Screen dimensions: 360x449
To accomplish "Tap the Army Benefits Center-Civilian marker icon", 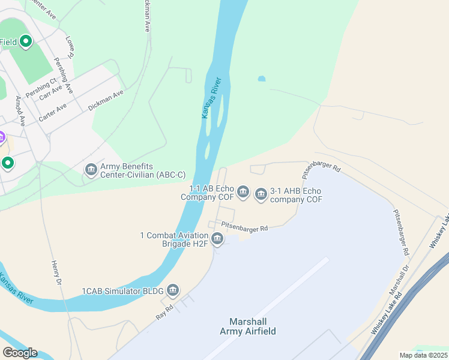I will [91, 170].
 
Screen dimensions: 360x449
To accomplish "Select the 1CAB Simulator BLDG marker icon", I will [173, 292].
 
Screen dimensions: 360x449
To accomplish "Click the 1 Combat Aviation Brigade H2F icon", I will [217, 240].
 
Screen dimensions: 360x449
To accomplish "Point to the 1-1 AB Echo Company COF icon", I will [243, 192].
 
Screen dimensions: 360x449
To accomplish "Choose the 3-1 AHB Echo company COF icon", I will [261, 194].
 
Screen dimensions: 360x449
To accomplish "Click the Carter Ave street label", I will [52, 113].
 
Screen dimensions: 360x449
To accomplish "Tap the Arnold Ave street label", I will [20, 109].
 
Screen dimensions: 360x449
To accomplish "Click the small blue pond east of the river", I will [261, 79].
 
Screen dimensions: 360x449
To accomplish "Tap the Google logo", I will [19, 353].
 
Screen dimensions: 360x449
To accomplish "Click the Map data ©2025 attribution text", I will [423, 355].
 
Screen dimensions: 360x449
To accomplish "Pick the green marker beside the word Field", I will [25, 42].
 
